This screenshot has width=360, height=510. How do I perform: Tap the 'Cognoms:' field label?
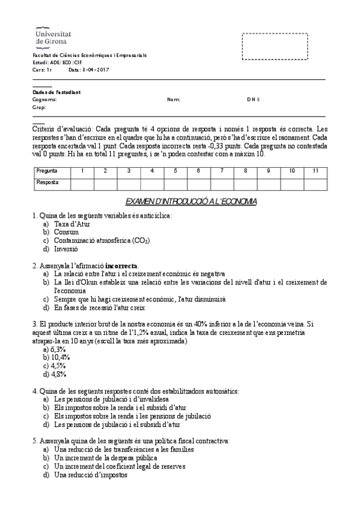pyautogui.click(x=45, y=100)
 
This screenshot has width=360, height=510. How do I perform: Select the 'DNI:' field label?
pyautogui.click(x=253, y=100)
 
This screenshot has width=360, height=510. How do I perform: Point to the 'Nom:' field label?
pyautogui.click(x=173, y=100)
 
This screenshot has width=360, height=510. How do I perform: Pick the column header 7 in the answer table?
pyautogui.click(x=222, y=171)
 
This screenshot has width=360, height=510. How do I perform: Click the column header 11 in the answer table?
pyautogui.click(x=315, y=171)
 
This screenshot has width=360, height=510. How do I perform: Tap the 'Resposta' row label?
pyautogui.click(x=47, y=182)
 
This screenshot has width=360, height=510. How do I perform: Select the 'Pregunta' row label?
pyautogui.click(x=47, y=171)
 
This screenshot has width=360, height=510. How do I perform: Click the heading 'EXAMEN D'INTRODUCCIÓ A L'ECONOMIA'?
pyautogui.click(x=191, y=201)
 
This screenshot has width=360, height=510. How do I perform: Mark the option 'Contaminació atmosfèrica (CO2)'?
pyautogui.click(x=102, y=240)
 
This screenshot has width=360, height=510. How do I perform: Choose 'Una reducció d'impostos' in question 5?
pyautogui.click(x=90, y=475)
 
